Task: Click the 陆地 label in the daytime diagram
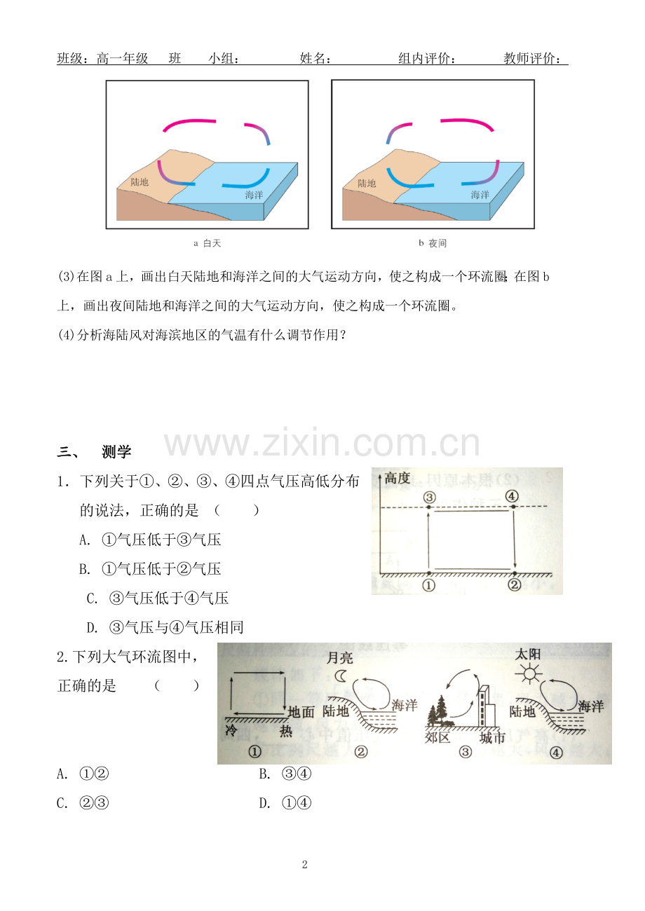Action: pyautogui.click(x=140, y=181)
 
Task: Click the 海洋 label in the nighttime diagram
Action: pyautogui.click(x=480, y=195)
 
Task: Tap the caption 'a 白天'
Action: pyautogui.click(x=207, y=243)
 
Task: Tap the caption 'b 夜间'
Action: pyautogui.click(x=433, y=243)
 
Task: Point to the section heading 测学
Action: pyautogui.click(x=116, y=451)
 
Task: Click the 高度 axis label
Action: pyautogui.click(x=398, y=478)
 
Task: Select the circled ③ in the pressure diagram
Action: pyautogui.click(x=429, y=497)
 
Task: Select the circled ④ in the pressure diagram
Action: pyautogui.click(x=512, y=496)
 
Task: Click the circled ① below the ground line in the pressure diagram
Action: pyautogui.click(x=429, y=586)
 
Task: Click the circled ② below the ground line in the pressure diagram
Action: pyautogui.click(x=515, y=585)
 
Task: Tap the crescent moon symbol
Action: pyautogui.click(x=340, y=676)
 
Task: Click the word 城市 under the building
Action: pyautogui.click(x=492, y=737)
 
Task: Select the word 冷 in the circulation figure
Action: pyautogui.click(x=231, y=730)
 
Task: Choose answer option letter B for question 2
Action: pyautogui.click(x=265, y=774)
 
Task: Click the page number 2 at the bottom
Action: pyautogui.click(x=305, y=865)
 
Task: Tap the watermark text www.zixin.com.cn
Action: pyautogui.click(x=322, y=442)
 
